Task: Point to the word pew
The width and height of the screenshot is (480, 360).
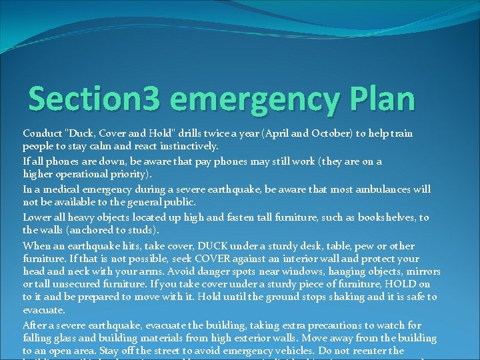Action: [362, 246]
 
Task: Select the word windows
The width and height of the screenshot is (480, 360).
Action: [313, 271]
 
